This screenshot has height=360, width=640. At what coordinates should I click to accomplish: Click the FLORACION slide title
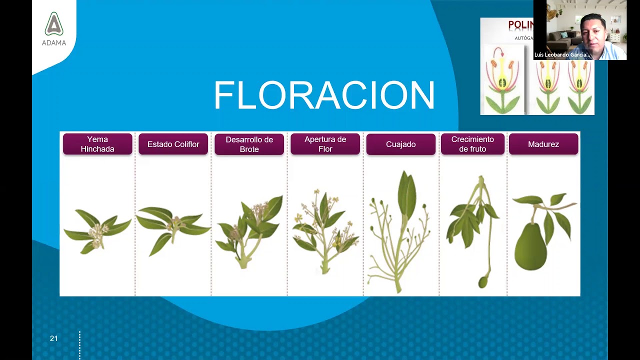[324, 95]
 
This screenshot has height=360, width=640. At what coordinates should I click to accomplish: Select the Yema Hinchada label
[97, 144]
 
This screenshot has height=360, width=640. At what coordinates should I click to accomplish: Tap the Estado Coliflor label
[173, 144]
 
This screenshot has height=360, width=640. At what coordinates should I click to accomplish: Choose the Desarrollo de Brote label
[249, 144]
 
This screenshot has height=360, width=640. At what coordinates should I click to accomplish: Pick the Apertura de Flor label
[325, 144]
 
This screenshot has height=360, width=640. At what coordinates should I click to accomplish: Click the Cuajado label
[400, 144]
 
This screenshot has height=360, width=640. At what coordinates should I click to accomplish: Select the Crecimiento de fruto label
[472, 144]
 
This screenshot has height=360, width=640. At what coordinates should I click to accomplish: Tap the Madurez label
[543, 144]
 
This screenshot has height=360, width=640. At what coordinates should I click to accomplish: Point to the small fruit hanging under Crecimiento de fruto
[482, 282]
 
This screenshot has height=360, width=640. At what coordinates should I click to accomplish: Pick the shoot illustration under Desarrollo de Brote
[249, 230]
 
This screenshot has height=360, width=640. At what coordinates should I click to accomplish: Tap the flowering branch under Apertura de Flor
[325, 230]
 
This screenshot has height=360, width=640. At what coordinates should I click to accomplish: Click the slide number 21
[54, 338]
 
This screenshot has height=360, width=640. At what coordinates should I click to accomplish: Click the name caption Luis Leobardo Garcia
[562, 55]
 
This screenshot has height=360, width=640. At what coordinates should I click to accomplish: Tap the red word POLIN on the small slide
[520, 25]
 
